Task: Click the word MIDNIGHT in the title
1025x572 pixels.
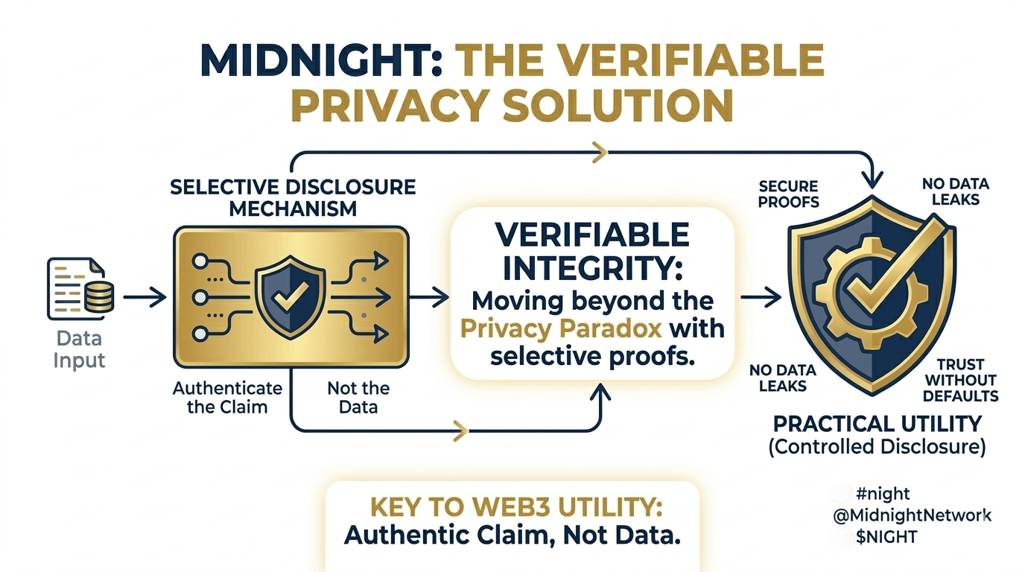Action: coord(315,61)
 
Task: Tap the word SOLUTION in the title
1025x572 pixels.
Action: coord(618,105)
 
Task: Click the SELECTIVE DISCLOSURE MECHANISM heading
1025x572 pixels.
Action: coord(293,197)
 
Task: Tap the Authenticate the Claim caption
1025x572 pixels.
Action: coord(227,398)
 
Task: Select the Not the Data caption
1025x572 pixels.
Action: coord(358,398)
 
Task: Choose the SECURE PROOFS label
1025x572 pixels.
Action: coord(789,194)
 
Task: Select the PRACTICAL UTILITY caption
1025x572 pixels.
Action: coord(877,425)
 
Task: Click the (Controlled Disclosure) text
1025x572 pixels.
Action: coord(878,447)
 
